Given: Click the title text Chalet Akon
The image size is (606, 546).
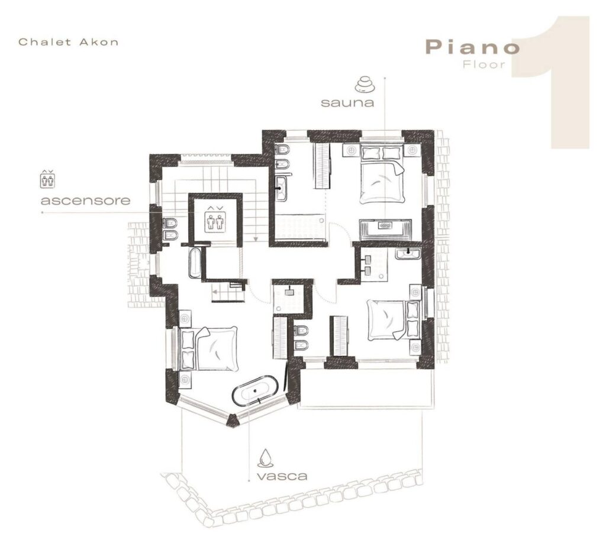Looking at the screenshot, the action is (x=69, y=42).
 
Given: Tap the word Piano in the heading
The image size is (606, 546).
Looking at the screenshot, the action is (x=473, y=47).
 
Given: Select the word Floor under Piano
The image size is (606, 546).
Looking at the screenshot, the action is (x=484, y=64).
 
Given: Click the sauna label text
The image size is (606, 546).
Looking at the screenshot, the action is (x=347, y=102).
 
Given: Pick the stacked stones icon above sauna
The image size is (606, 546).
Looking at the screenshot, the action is (x=365, y=84).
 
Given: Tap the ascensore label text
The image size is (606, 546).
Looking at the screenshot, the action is (x=85, y=201).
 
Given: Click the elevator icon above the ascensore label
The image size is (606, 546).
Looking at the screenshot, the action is (x=47, y=179).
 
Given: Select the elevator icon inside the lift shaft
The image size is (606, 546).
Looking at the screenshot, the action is (x=215, y=219).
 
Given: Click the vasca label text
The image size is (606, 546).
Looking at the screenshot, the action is (x=282, y=476).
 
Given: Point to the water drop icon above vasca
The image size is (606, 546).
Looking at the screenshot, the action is (x=266, y=457).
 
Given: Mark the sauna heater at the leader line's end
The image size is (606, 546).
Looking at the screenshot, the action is (x=385, y=225).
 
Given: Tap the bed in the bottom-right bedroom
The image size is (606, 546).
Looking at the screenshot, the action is (x=393, y=320).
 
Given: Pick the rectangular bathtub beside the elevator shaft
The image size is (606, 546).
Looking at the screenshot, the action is (x=194, y=263).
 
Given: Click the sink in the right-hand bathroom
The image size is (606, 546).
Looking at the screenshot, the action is (x=408, y=254).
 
